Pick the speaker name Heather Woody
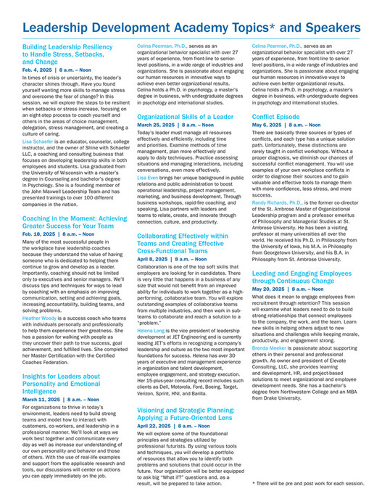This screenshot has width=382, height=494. [x=42, y=318]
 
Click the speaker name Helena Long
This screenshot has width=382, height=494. [x=152, y=309]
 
